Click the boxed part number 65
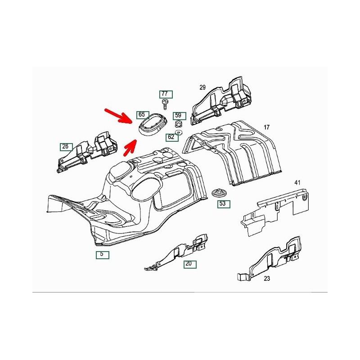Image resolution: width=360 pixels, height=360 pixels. click(x=142, y=115)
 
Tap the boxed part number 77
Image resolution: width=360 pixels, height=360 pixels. click(x=166, y=94)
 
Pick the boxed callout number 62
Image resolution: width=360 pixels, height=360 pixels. click(x=172, y=137)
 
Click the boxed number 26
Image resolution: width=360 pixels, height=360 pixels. click(x=66, y=147)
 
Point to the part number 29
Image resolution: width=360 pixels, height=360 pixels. click(x=202, y=87)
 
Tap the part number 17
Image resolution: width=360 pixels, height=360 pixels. click(x=266, y=127)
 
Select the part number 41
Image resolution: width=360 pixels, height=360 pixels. click(x=297, y=183)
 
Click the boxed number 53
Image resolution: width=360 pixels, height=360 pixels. click(x=224, y=204)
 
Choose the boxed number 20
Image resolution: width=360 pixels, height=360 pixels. click(x=190, y=264)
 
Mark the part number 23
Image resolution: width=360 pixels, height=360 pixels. click(x=267, y=279)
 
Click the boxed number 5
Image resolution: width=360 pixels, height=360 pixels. click(x=103, y=255)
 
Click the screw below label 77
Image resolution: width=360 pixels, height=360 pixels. click(x=165, y=104)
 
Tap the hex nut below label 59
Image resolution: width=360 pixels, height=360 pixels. click(x=178, y=124)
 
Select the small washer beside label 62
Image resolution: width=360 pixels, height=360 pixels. click(x=178, y=132)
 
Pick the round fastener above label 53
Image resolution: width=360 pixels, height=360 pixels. click(x=217, y=193)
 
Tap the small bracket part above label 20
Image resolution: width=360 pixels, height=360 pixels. click(x=176, y=252)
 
